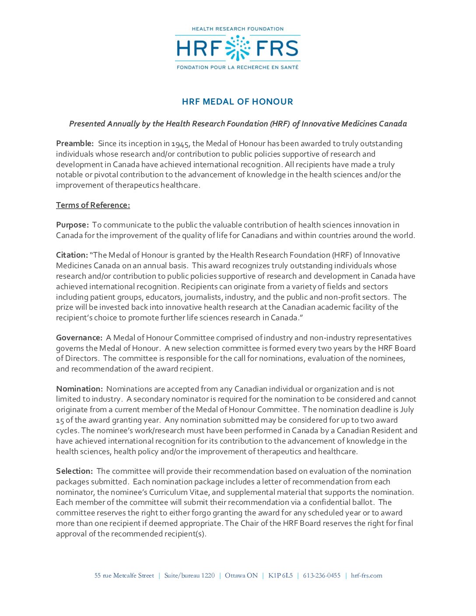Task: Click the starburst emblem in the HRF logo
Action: [x=238, y=48]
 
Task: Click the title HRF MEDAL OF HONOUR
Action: [x=238, y=101]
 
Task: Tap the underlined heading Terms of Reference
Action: [x=93, y=205]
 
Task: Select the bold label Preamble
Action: [x=75, y=143]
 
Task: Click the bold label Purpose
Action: [x=72, y=225]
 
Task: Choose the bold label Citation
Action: [x=72, y=255]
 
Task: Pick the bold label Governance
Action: [x=79, y=338]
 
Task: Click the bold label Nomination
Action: [x=79, y=389]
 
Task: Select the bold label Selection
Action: [x=74, y=471]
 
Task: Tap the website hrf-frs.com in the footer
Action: [x=367, y=575]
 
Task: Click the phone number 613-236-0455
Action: [x=322, y=575]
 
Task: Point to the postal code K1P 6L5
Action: [x=280, y=575]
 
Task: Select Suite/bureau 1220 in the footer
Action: [x=189, y=575]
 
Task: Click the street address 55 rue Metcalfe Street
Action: [x=124, y=575]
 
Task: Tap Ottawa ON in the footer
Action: [x=241, y=575]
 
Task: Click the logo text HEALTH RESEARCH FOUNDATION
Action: [x=238, y=29]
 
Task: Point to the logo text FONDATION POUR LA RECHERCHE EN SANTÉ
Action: [x=238, y=67]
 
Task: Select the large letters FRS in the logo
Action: [x=277, y=48]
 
